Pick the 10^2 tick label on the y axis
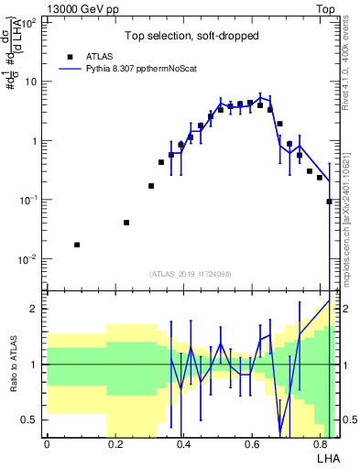tap(28, 23)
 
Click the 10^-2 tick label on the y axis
tap(28, 259)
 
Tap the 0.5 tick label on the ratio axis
tap(29, 420)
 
